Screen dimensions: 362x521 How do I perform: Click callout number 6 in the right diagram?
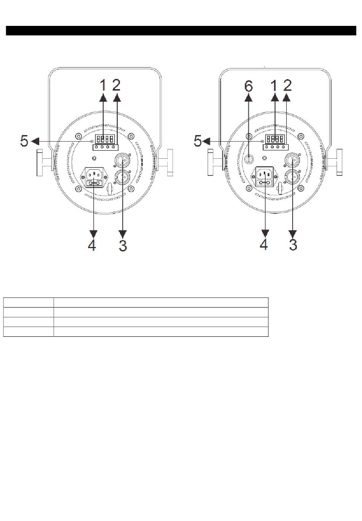(248, 86)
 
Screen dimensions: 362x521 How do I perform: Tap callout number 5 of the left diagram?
(24, 141)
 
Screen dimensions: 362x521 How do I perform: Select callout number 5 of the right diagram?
(197, 141)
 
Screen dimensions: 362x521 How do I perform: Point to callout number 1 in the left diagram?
(103, 85)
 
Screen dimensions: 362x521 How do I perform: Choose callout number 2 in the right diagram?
(287, 85)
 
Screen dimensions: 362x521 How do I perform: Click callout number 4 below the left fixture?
(92, 245)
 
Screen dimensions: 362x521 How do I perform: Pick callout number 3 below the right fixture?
(293, 245)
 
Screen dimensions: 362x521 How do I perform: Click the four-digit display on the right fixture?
(275, 139)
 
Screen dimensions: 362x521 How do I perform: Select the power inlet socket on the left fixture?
(94, 177)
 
